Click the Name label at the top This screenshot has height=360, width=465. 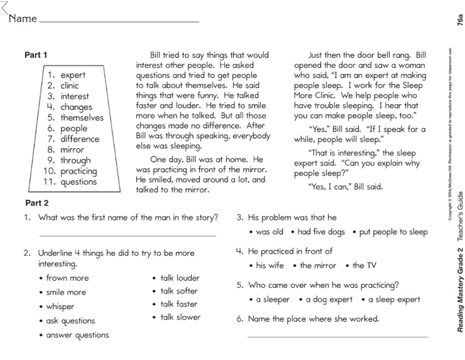(23, 19)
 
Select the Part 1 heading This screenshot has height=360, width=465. (36, 55)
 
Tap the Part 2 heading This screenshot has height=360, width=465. (36, 204)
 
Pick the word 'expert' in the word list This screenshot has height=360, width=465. (73, 75)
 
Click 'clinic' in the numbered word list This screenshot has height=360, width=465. (70, 86)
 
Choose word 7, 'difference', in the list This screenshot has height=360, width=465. (80, 139)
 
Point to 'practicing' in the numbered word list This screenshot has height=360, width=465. (79, 171)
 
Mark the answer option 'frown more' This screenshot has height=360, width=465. (67, 278)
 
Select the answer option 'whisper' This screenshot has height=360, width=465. (60, 307)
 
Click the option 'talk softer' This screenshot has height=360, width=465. (179, 291)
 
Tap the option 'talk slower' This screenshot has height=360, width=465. (180, 318)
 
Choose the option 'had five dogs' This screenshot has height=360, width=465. (321, 232)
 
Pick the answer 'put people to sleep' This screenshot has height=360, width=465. (393, 232)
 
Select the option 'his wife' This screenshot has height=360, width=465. (269, 266)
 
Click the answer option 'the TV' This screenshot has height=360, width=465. (364, 266)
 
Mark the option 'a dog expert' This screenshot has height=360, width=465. (329, 300)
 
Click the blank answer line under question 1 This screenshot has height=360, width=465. (127, 236)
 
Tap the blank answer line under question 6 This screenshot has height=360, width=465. (337, 336)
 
